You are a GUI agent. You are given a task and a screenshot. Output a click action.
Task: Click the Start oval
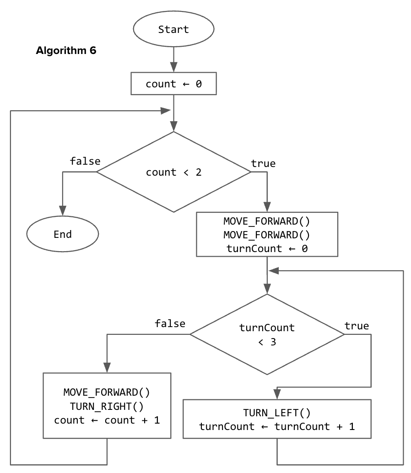[x=173, y=30]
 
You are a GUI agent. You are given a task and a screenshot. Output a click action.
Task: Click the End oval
[x=63, y=235]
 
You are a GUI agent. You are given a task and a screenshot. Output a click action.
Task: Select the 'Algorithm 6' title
[x=66, y=51]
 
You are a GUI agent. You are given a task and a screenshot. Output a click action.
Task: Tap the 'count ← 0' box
[x=173, y=84]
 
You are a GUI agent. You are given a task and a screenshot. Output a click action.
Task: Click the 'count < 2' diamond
[x=173, y=172]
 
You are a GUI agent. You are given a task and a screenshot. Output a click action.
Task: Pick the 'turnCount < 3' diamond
[x=267, y=335]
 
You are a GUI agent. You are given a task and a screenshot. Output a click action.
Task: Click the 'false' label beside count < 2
[x=85, y=161]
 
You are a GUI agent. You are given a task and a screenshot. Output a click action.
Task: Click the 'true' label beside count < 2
[x=263, y=163]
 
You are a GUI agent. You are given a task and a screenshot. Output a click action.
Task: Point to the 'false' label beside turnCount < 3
[x=170, y=324]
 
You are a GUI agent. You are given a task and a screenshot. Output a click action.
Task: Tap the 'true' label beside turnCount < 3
[x=357, y=326]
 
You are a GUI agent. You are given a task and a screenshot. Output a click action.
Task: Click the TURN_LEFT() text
[x=277, y=413]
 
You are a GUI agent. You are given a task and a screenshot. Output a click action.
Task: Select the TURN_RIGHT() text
[x=107, y=406]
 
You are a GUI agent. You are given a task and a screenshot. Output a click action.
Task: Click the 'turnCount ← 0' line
[x=266, y=248]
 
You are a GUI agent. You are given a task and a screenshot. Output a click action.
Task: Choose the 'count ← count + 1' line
[x=107, y=420]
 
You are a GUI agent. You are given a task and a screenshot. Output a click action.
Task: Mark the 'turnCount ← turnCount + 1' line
[x=277, y=426]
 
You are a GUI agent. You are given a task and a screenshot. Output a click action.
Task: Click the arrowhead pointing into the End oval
[x=63, y=210]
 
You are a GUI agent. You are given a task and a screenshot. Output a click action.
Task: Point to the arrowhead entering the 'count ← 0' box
[x=173, y=68]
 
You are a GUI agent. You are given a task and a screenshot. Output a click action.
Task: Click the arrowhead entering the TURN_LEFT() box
[x=277, y=394]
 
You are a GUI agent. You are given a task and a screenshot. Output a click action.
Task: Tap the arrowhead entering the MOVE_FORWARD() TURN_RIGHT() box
[x=107, y=368]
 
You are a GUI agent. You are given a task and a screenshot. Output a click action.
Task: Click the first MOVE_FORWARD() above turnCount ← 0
[x=266, y=221]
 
